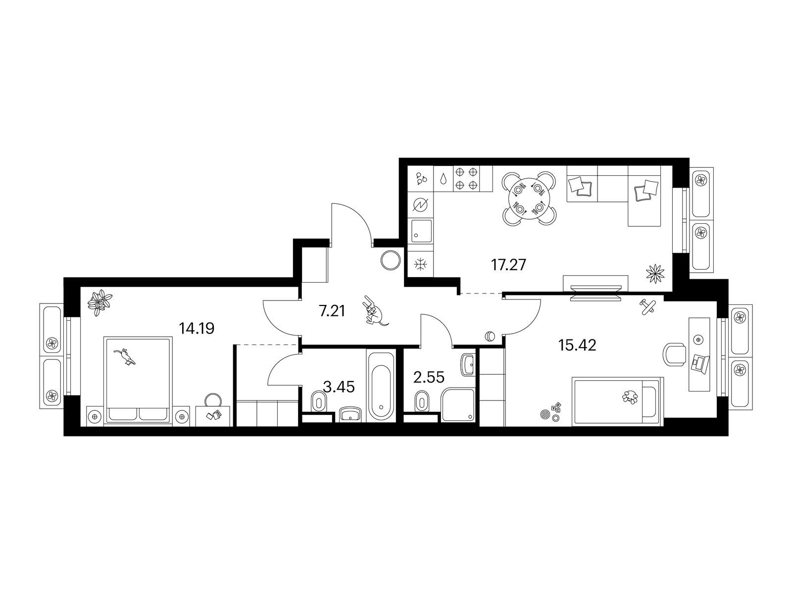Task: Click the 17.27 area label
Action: [x=508, y=265]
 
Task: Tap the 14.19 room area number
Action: [x=197, y=328]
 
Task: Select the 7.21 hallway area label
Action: [x=332, y=310]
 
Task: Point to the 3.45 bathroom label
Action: [x=339, y=387]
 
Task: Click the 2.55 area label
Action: [x=429, y=378]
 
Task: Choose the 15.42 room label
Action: [x=577, y=345]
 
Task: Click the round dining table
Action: [x=529, y=198]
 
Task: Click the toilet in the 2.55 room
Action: [x=421, y=400]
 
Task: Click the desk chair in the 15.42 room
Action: [x=676, y=354]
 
